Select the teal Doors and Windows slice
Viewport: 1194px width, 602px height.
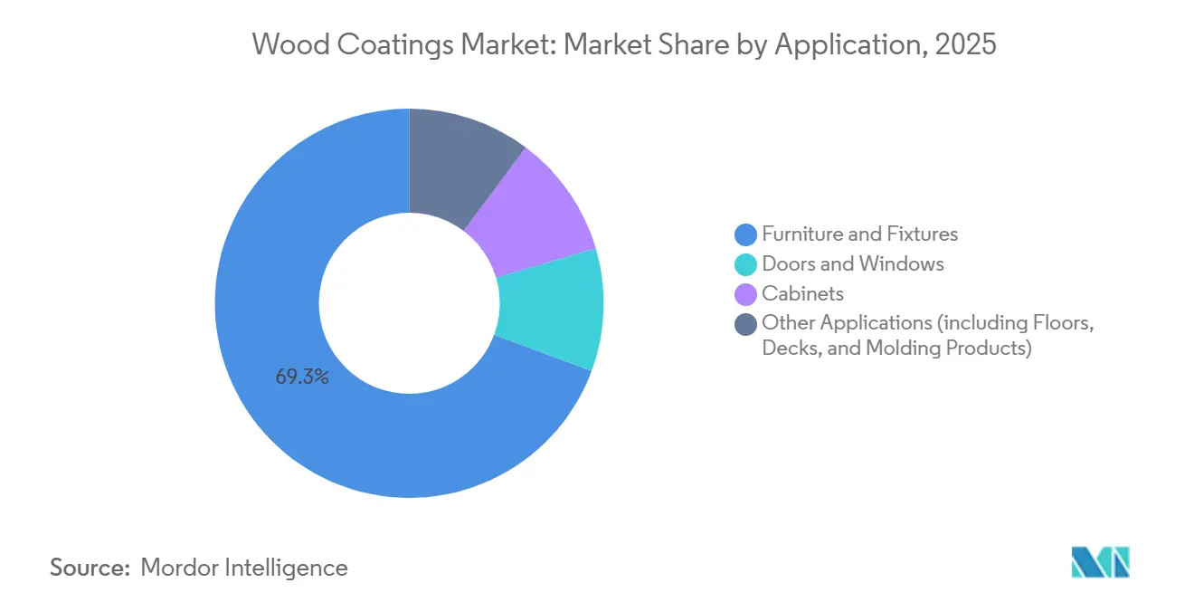point(552,310)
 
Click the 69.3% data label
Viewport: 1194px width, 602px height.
point(302,377)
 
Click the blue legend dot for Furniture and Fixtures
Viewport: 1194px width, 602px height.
point(745,234)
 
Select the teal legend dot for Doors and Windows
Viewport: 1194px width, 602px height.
point(745,264)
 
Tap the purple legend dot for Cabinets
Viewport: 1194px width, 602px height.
point(745,293)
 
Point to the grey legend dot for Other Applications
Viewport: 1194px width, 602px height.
point(745,323)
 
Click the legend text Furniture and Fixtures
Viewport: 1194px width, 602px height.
point(859,234)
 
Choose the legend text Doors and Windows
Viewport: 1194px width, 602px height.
point(852,264)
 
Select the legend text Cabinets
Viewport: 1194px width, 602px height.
point(802,293)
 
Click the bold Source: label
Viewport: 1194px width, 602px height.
point(90,568)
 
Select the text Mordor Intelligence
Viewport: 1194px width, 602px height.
point(244,568)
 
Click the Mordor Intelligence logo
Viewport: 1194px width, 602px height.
point(1100,561)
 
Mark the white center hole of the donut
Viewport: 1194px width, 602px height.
point(409,302)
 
